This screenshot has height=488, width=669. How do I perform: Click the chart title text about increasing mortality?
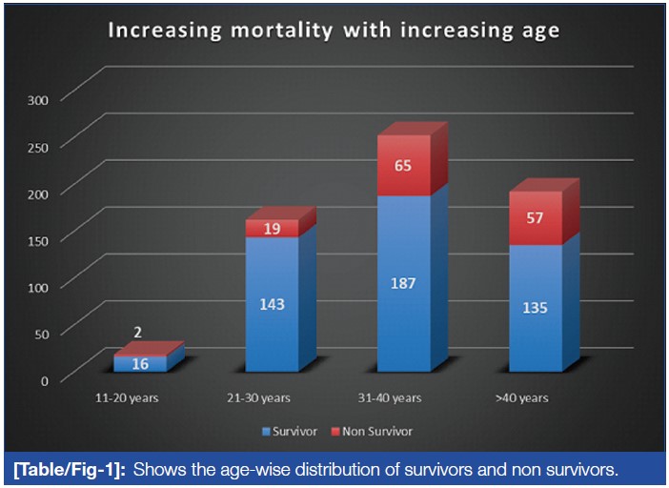pos(333,30)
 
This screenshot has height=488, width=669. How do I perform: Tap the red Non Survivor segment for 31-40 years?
pos(403,165)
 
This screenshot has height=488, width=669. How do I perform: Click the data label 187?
pos(403,282)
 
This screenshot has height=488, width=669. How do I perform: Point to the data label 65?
pos(403,165)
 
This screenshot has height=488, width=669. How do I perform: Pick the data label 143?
pos(272,305)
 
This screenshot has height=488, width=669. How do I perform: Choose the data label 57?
pos(535,218)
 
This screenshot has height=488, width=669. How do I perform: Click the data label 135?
pos(535,309)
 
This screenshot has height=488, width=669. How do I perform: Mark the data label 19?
pos(272,229)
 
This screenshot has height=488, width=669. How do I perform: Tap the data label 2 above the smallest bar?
pos(140,333)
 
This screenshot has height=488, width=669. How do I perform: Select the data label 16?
pos(140,363)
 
